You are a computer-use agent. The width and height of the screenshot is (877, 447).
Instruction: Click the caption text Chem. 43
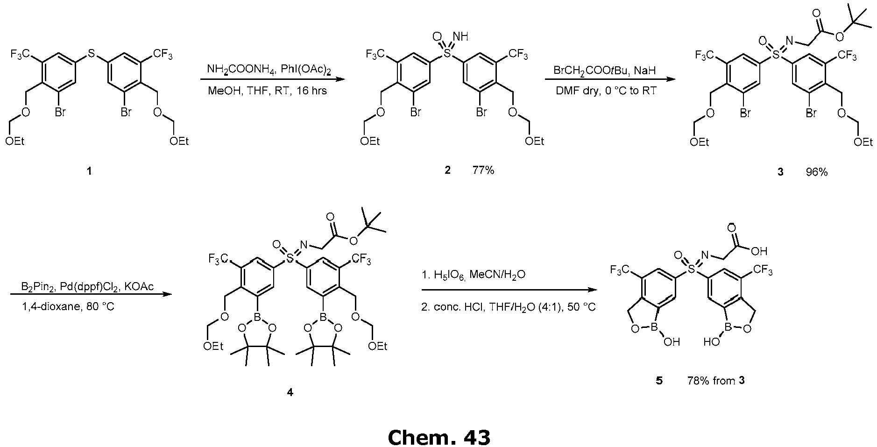[438, 437]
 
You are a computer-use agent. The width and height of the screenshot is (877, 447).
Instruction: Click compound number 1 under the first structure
[89, 171]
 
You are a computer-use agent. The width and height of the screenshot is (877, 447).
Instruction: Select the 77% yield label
[483, 170]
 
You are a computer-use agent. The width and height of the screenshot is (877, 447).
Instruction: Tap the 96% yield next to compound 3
[816, 172]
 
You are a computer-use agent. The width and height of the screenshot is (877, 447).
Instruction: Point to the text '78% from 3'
[716, 380]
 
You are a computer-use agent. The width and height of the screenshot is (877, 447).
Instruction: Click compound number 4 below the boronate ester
[290, 392]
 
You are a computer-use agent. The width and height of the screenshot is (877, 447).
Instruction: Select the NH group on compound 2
[461, 36]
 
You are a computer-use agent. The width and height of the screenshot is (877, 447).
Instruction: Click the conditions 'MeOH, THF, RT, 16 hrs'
[267, 90]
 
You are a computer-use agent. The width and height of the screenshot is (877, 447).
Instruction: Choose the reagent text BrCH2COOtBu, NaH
[605, 70]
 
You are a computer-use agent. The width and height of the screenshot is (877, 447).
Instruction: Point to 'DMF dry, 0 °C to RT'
[606, 91]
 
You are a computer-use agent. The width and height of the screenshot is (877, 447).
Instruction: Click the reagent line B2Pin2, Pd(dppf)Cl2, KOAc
[87, 286]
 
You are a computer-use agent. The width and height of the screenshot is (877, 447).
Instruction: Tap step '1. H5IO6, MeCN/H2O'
[474, 275]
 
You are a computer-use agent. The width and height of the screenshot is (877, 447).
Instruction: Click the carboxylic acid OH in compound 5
[759, 251]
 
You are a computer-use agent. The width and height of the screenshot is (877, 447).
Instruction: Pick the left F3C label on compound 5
[621, 270]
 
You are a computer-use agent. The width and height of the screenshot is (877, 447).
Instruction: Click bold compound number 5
[659, 380]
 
